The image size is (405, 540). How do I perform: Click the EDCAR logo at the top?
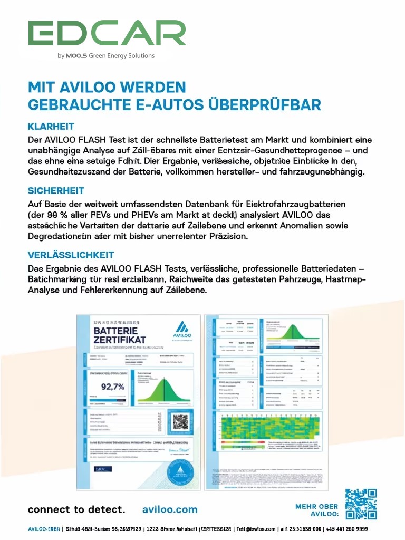[x=107, y=33]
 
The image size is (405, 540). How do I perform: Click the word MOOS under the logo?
[x=76, y=56]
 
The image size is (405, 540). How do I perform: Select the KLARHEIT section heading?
[x=51, y=127]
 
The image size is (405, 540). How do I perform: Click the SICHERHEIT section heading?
[x=56, y=190]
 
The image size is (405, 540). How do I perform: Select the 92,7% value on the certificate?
[x=112, y=387]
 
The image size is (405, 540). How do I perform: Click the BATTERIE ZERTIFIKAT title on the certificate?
[x=119, y=335]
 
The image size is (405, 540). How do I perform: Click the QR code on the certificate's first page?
[x=180, y=421]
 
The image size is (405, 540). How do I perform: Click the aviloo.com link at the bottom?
[x=170, y=509]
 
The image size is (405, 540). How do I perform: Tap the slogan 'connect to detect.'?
[x=76, y=509]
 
